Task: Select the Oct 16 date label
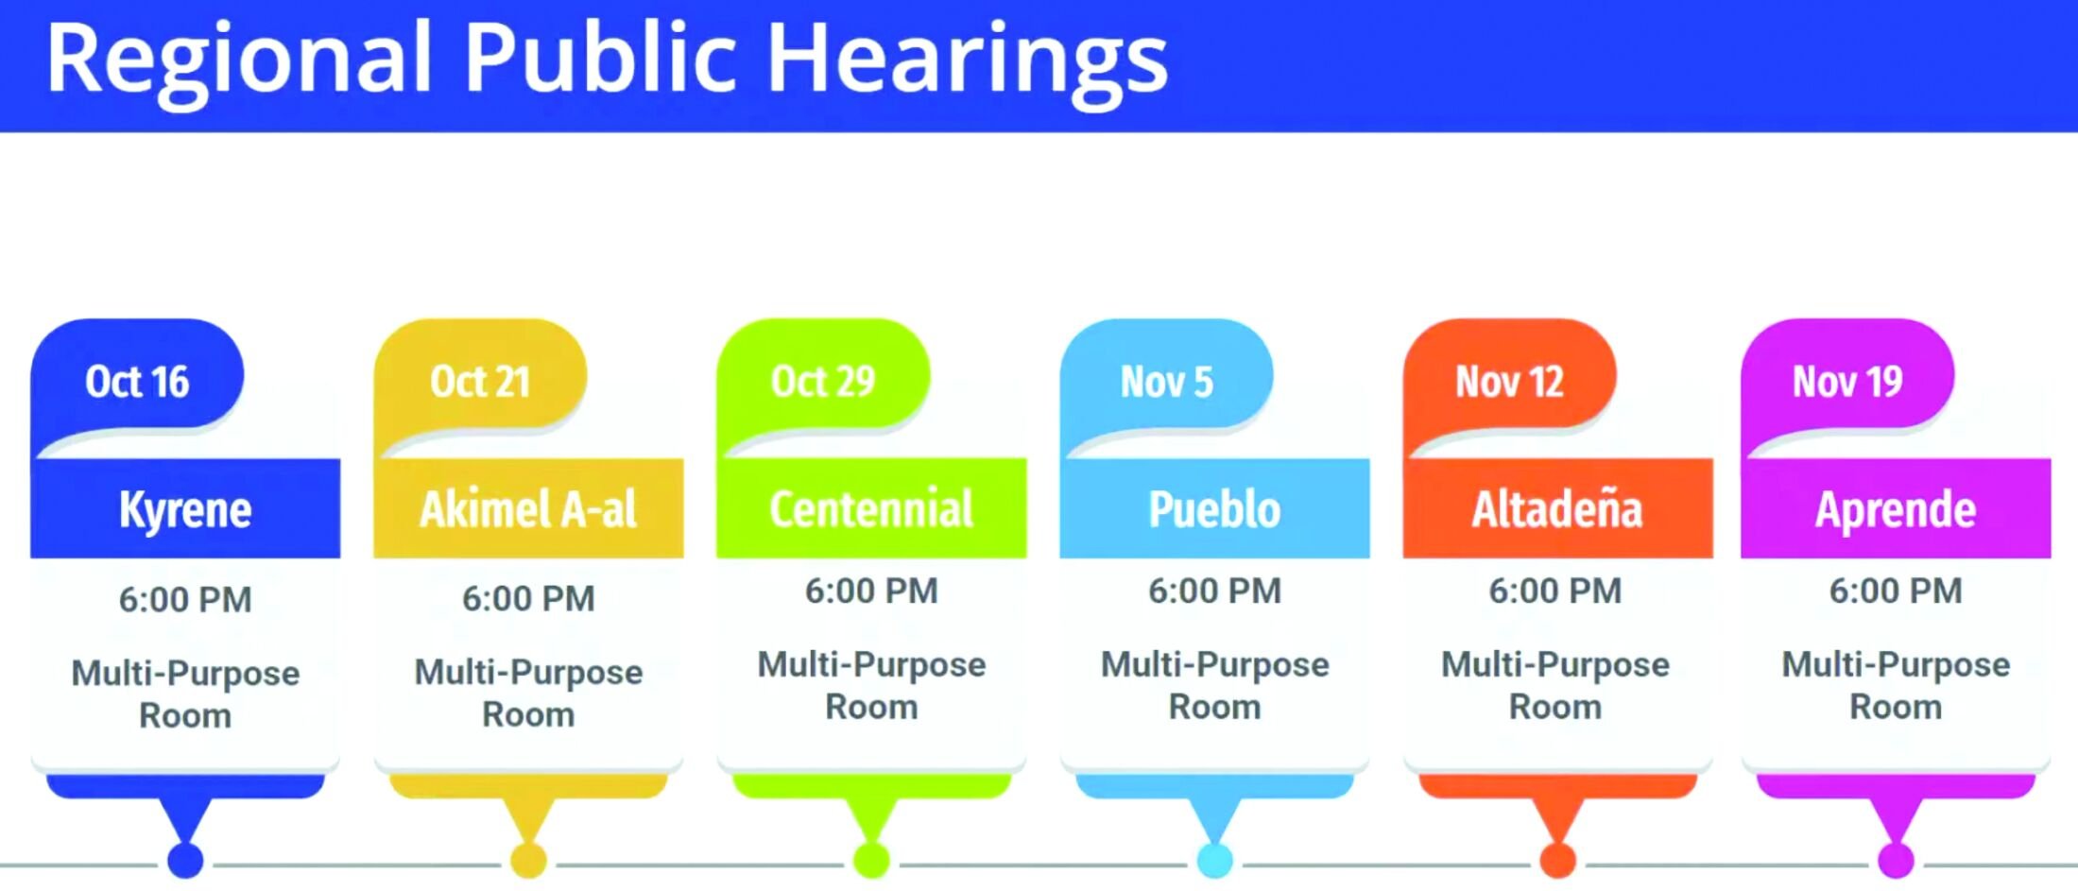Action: [x=137, y=382]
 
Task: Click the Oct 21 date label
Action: [x=480, y=382]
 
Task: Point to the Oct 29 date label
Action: [x=823, y=382]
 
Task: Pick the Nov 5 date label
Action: [x=1166, y=382]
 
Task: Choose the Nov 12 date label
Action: [x=1509, y=382]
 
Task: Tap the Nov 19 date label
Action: [x=1847, y=382]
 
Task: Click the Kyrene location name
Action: [x=185, y=510]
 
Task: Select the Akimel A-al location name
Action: [x=528, y=509]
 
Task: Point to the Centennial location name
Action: [x=871, y=509]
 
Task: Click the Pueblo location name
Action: [x=1214, y=509]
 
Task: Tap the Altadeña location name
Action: [x=1557, y=508]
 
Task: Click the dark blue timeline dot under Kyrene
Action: [x=185, y=861]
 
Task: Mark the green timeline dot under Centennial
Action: [x=871, y=861]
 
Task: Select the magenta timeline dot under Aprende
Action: [x=1896, y=861]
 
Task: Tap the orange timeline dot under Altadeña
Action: [x=1557, y=861]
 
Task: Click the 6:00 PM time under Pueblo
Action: [x=1214, y=591]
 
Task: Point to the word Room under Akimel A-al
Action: [x=528, y=714]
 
